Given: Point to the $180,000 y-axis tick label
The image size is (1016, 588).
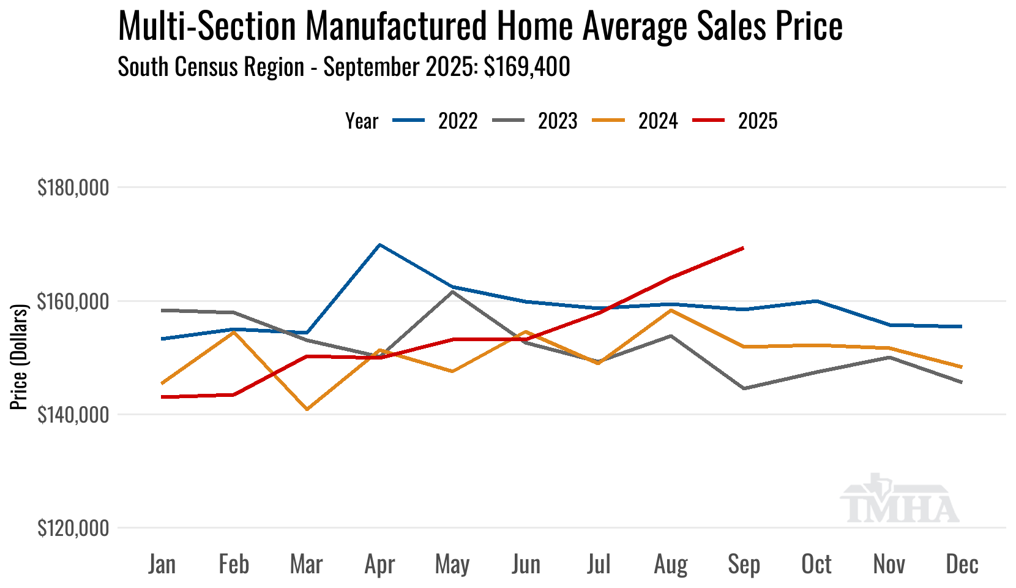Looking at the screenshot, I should coord(73,188).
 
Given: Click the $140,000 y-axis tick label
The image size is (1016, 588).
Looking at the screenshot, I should coord(73,415).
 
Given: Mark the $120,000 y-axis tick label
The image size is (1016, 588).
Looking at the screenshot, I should coord(73,528).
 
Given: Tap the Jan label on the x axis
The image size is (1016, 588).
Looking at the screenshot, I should coord(162,564).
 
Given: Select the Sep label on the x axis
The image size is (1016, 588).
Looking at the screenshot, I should coord(744,564).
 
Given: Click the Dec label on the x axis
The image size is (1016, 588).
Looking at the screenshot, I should coord(962,564).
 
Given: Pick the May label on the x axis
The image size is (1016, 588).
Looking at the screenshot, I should coord(452,564).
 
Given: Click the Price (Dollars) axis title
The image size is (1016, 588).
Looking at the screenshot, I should coord(20,357).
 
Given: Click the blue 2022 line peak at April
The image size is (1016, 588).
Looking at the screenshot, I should coord(380,245).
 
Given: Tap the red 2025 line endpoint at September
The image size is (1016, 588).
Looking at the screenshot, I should coord(743,248).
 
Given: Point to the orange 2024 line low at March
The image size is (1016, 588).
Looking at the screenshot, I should coord(307,409).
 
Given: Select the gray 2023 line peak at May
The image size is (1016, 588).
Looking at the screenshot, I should coord(452,292).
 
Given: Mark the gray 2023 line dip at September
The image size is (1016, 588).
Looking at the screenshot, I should coord(744,388).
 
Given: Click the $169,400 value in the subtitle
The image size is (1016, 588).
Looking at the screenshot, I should coord(527,67).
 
